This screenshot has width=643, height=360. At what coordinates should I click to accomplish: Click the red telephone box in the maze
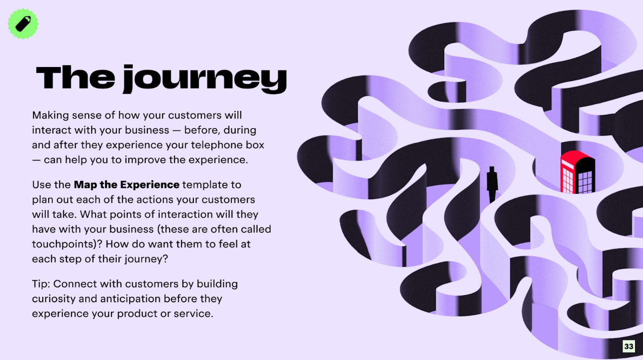[x=578, y=172]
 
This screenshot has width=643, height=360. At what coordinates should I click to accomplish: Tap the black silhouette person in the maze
[x=492, y=184]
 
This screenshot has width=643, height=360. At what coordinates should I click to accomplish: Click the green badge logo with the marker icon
[x=23, y=24]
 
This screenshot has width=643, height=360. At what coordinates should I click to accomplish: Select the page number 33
[x=629, y=346]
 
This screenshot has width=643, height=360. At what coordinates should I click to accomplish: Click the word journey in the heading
[x=205, y=79]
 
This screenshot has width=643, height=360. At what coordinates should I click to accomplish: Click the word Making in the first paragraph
[x=51, y=116]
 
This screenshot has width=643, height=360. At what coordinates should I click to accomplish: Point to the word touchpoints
[x=63, y=244]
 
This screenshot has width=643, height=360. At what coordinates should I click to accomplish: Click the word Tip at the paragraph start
[x=41, y=284]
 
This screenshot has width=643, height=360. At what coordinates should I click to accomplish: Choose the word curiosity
[x=54, y=299]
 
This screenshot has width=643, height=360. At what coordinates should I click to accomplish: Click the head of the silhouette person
[x=492, y=169]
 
